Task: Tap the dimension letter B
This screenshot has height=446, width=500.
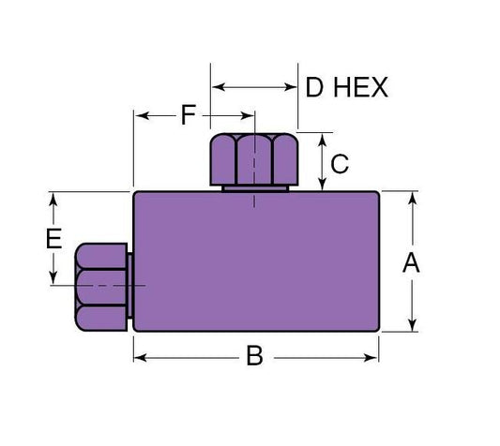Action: pos(254,356)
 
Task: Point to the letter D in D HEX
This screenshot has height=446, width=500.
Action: pos(316,88)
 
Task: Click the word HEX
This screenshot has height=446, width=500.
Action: pos(359,88)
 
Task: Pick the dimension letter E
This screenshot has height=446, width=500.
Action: pos(53,237)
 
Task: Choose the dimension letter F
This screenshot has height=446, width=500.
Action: pos(189,116)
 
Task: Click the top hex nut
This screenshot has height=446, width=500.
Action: pos(254,160)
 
